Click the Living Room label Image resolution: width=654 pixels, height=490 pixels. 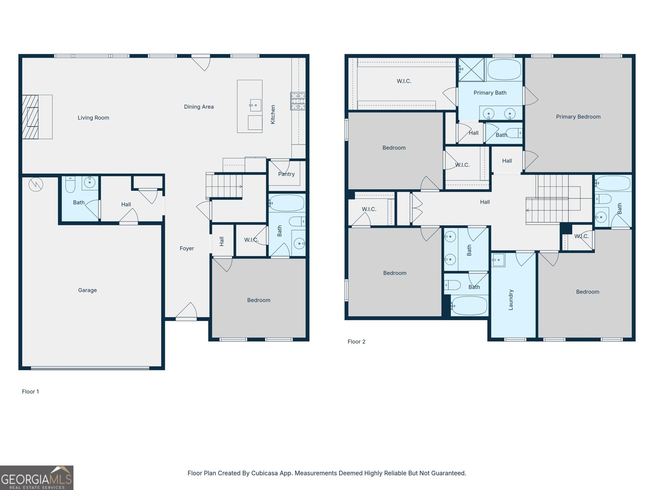93,118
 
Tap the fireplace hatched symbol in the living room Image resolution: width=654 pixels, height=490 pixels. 30,117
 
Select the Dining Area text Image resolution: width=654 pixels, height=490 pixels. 199,107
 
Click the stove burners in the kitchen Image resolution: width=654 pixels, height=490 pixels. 298,101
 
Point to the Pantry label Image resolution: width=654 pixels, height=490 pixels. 286,174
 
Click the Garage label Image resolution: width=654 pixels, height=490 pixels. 87,290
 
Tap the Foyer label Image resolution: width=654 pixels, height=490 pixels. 187,248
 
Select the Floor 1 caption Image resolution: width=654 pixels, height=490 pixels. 30,392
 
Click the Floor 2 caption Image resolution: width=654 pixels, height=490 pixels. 356,342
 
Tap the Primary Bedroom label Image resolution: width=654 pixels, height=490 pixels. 578,117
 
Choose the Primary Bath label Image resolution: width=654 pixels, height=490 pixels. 490,93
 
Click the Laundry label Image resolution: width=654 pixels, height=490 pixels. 511,300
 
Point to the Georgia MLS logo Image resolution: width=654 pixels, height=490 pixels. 36,478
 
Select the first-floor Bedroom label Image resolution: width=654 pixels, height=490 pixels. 258,300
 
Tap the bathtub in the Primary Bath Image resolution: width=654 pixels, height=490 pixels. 504,69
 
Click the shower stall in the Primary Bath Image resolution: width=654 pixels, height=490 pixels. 471,69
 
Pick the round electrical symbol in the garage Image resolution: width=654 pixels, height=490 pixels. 36,184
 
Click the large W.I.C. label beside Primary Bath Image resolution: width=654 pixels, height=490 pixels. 404,81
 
